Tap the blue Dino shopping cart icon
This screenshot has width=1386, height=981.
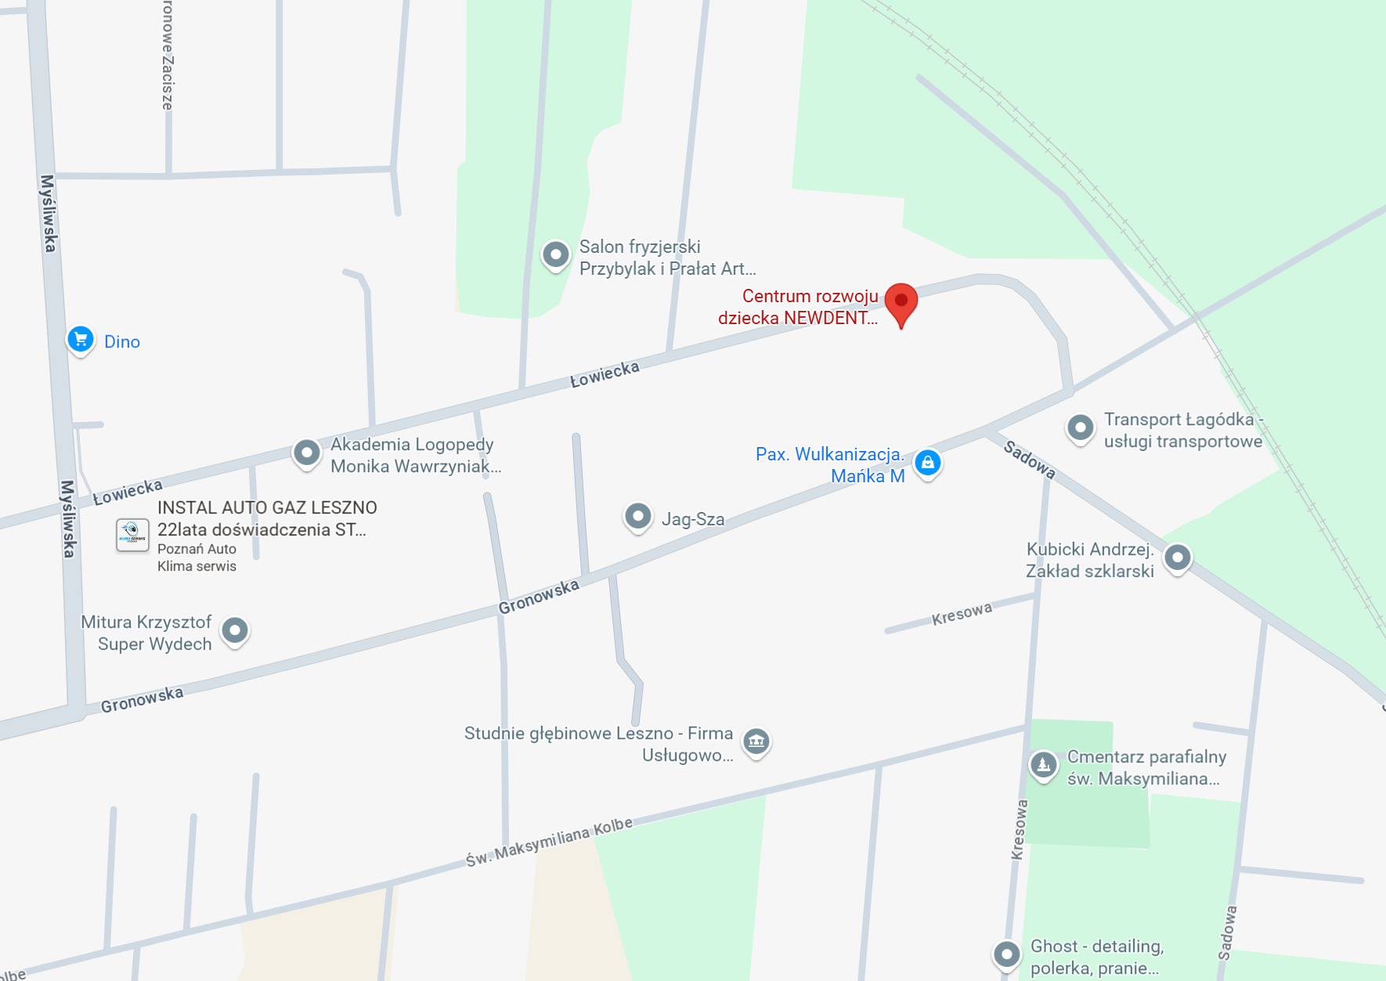tap(80, 340)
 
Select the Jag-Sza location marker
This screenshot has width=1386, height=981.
tap(638, 516)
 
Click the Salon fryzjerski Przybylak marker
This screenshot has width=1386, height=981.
tap(556, 254)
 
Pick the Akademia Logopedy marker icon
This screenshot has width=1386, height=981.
tap(307, 453)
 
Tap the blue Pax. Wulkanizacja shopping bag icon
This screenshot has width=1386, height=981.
tap(927, 463)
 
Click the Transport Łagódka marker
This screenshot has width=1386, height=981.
tap(1081, 427)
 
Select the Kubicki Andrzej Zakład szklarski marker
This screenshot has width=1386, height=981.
tap(1178, 557)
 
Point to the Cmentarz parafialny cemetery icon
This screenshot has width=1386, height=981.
tap(1043, 764)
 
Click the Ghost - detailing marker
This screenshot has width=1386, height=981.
tap(1007, 954)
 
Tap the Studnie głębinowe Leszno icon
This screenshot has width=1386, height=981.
tap(756, 741)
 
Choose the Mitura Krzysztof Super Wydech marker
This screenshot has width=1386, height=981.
tap(235, 630)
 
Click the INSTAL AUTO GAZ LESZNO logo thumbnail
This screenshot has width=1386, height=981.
tap(132, 536)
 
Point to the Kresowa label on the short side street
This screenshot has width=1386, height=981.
tap(962, 614)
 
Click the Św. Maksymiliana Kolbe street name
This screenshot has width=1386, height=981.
tap(549, 842)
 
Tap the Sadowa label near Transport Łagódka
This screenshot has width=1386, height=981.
tap(1030, 460)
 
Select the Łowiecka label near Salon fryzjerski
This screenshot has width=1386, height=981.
tap(605, 374)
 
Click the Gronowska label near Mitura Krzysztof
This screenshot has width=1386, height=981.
tap(142, 699)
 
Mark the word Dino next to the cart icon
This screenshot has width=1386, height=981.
tap(122, 341)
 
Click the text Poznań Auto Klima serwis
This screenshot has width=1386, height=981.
tap(197, 557)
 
